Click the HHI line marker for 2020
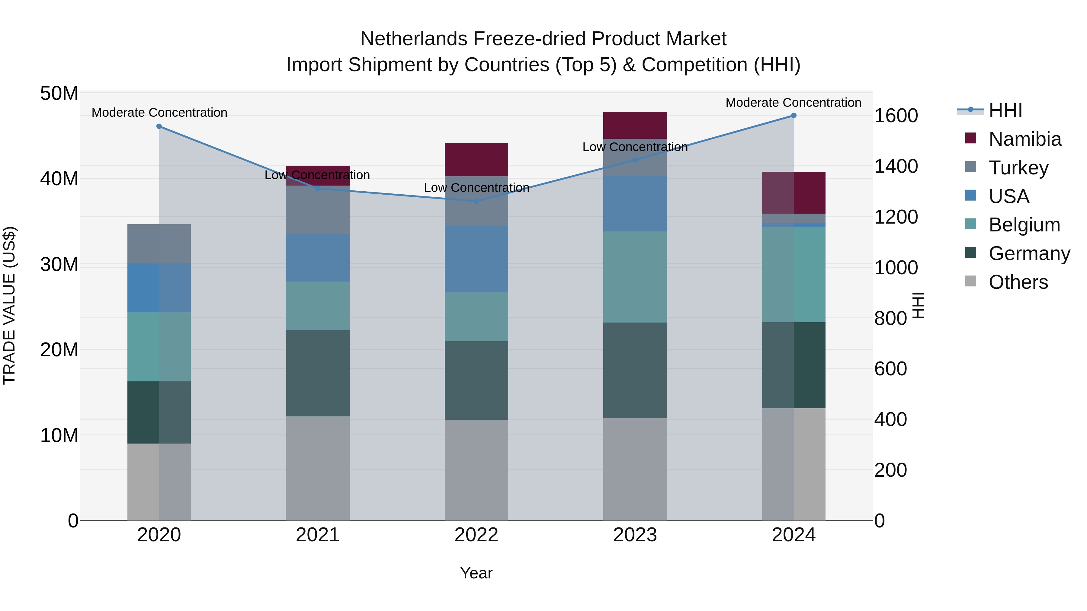pos(159,126)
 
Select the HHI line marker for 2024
pos(794,116)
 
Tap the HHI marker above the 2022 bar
pos(476,202)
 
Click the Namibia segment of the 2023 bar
pos(635,125)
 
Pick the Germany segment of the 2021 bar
pos(318,373)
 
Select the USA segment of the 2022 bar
pos(476,259)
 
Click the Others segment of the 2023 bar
pos(635,469)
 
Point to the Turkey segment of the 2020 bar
pos(159,244)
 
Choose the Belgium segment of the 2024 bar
pos(794,275)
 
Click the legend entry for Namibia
pos(1024,139)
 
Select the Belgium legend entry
pos(1024,225)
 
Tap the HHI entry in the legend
pos(1005,110)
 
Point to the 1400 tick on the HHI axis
pos(896,166)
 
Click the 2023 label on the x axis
pos(635,535)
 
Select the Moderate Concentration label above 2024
pos(793,103)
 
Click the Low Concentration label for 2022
pos(476,188)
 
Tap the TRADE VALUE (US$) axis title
pos(9,305)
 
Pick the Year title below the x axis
pos(476,573)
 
